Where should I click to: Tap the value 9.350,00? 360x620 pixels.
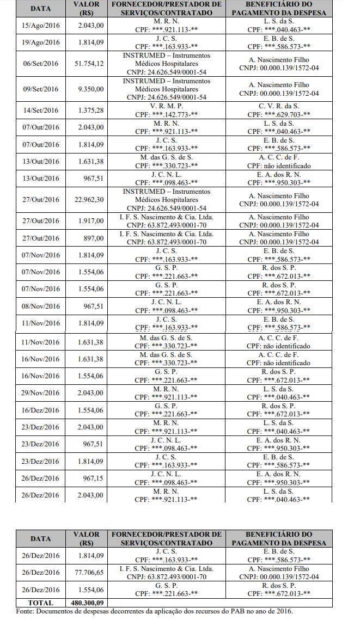point(90,89)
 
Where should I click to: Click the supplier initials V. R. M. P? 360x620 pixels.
point(166,106)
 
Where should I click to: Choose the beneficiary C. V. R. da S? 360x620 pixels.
point(278,106)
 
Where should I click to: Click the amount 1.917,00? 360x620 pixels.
point(90,221)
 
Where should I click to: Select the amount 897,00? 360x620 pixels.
point(94,238)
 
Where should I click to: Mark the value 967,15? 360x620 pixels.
point(94,478)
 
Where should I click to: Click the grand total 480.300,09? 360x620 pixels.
point(88,603)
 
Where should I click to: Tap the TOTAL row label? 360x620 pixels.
point(40,603)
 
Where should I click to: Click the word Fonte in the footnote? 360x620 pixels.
point(26,612)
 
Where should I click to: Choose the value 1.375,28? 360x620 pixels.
point(90,111)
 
